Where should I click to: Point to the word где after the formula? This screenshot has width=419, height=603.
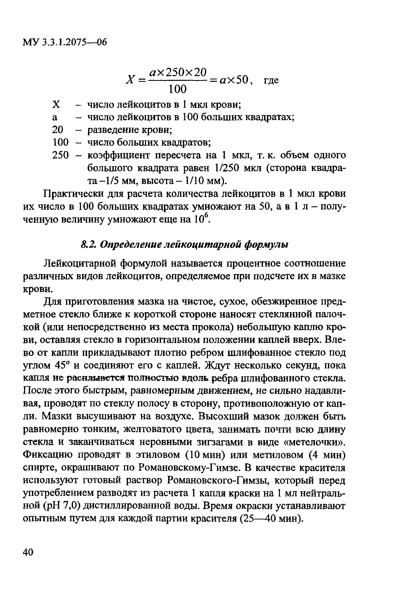(271, 80)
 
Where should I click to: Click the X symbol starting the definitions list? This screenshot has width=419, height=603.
(56, 105)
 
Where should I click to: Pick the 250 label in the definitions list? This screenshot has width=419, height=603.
(60, 155)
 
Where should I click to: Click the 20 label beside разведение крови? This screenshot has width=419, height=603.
(58, 130)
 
